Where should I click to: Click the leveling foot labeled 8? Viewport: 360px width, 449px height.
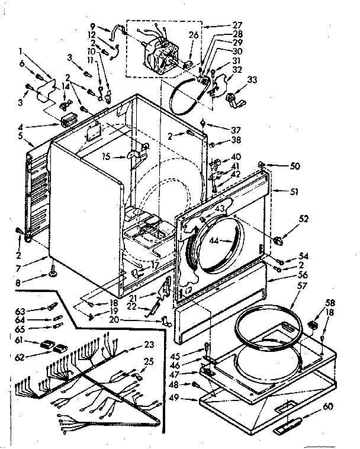coord(54,274)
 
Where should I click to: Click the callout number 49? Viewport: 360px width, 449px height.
coord(191,399)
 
